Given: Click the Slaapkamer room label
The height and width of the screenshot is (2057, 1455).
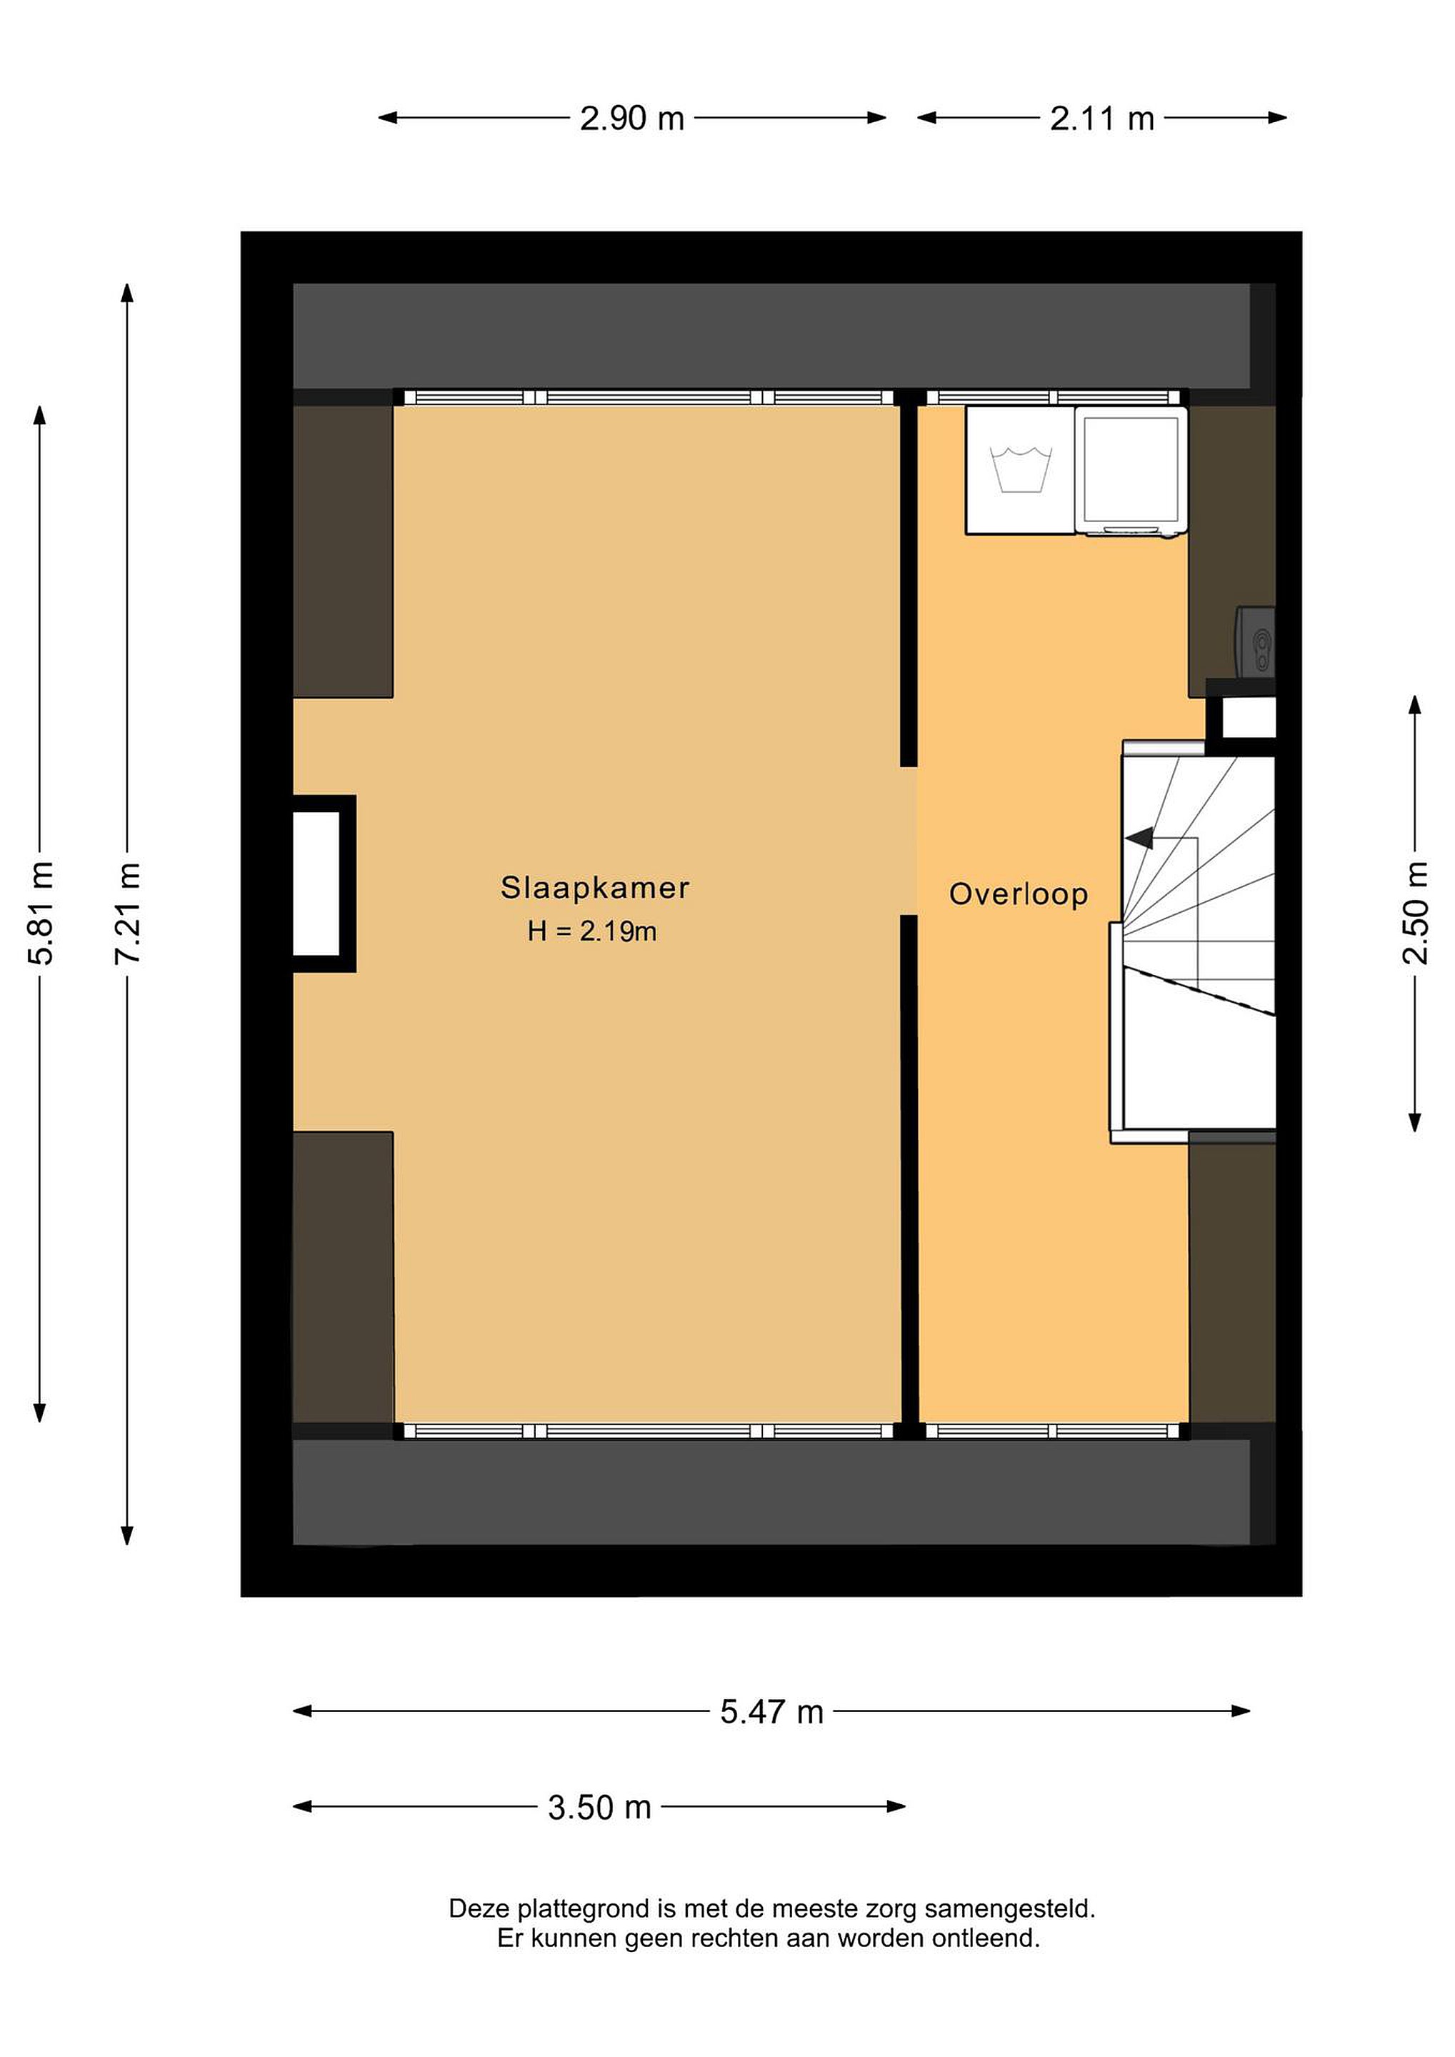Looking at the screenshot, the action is pyautogui.click(x=595, y=888).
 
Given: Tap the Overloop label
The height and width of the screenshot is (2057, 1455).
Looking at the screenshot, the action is pyautogui.click(x=1019, y=894).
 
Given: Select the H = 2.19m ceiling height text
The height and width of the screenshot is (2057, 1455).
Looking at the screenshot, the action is pyautogui.click(x=592, y=932).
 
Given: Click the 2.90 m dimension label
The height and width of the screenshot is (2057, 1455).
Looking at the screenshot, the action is pyautogui.click(x=631, y=119).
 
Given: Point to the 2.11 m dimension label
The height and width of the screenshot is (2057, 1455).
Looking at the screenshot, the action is pyautogui.click(x=1102, y=119).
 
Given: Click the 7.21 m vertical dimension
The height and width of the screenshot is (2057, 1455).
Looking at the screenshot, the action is pyautogui.click(x=127, y=913).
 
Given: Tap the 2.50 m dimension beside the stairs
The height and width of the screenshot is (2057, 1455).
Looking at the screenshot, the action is pyautogui.click(x=1415, y=912).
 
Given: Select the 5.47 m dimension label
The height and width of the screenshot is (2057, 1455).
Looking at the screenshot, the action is pyautogui.click(x=771, y=1711).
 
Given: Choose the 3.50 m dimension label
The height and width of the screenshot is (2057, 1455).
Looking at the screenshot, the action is pyautogui.click(x=599, y=1807).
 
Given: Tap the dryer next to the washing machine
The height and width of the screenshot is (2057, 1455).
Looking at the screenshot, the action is pyautogui.click(x=1131, y=471).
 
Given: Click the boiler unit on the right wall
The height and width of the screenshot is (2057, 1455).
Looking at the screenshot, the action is pyautogui.click(x=1255, y=641).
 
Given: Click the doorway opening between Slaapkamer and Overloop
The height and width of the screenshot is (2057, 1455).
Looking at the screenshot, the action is pyautogui.click(x=909, y=841).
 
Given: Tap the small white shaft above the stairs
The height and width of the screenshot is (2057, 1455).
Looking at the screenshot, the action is pyautogui.click(x=1248, y=718).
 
